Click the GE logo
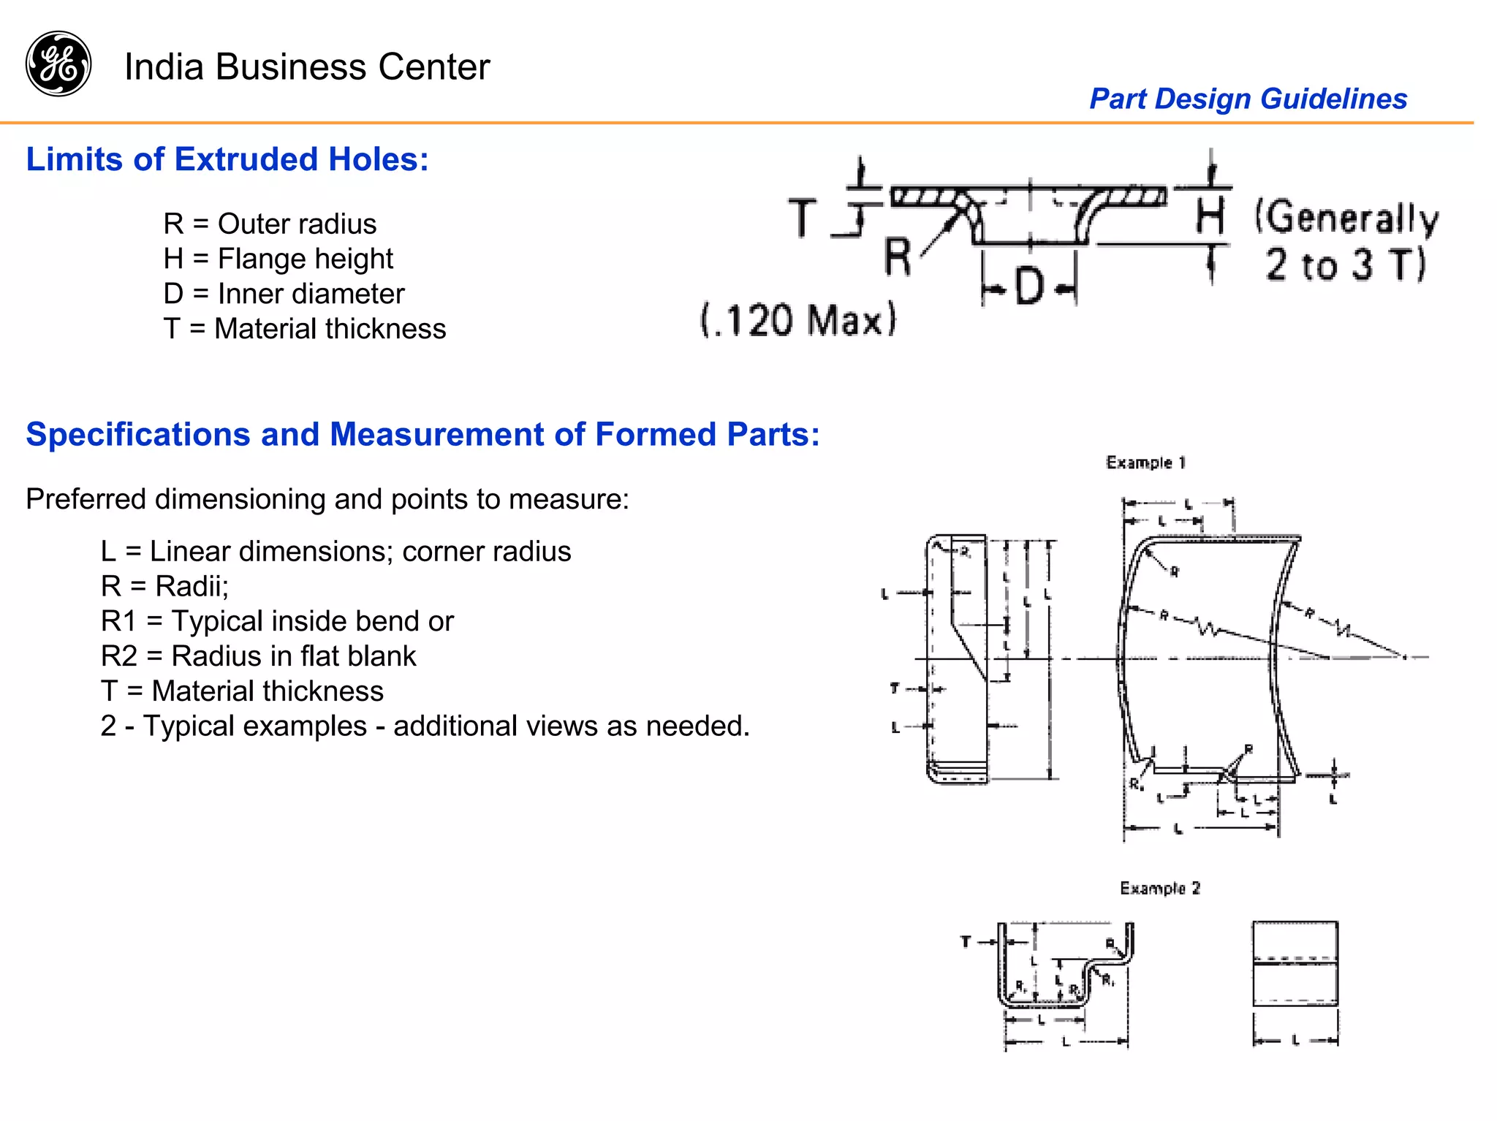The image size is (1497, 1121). pos(58,64)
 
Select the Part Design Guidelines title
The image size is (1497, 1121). pos(1248,99)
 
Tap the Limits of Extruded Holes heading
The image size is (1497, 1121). pos(227,159)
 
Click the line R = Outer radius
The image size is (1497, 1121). pos(270,224)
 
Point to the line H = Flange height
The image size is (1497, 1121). pos(278,259)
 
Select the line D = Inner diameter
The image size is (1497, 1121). pos(284,294)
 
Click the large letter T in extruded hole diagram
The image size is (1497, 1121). pos(803,218)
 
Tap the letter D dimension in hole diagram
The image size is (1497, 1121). pos(1029,286)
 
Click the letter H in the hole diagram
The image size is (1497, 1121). pos(1210,216)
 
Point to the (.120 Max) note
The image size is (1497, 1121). pos(798,320)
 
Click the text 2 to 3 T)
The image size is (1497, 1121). pos(1345,265)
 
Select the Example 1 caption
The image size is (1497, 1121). pos(1145,463)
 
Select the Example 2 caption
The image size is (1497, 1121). pos(1160,888)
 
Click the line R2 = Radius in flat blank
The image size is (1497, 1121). pos(258,656)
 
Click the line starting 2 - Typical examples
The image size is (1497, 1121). pos(425,726)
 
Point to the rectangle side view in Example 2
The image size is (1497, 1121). pos(1295,964)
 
